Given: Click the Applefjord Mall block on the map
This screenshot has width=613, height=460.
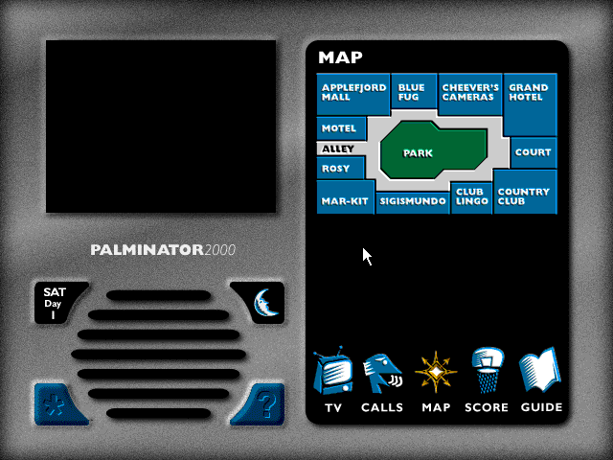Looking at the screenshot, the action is [353, 94].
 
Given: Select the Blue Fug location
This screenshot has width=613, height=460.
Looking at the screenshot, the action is [414, 92].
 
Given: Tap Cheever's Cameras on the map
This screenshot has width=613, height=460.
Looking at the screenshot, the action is [470, 94].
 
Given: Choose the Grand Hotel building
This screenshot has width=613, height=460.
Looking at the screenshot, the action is [530, 104].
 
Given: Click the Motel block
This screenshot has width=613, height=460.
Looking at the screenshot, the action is [341, 128].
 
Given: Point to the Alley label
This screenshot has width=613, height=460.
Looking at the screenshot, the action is [338, 149].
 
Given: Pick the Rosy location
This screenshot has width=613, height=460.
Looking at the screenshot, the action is [341, 169].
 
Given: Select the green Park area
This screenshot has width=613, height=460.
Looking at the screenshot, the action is [434, 150].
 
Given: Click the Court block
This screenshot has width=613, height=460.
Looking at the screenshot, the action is [534, 152].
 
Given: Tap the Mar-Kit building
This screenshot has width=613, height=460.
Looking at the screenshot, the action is [346, 197].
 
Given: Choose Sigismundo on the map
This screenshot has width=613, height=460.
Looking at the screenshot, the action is [413, 203].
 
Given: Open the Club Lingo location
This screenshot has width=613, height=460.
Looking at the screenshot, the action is [471, 198].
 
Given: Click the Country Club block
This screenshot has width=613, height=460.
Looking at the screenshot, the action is [525, 192].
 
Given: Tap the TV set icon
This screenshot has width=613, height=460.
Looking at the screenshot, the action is [332, 371].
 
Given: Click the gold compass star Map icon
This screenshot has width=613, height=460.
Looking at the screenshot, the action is [436, 372].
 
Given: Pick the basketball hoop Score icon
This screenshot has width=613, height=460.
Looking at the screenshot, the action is [488, 370].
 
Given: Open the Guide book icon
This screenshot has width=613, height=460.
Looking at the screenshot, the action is [540, 370].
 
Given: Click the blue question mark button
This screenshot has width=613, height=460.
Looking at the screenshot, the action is [258, 404].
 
